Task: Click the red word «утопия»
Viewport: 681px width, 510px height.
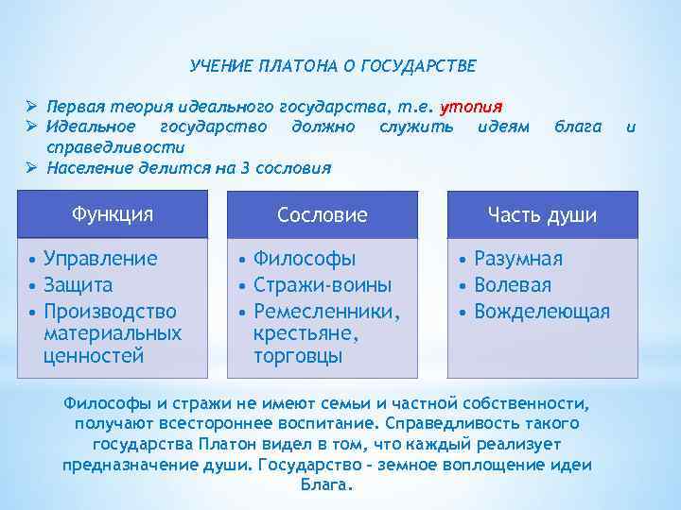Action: (x=472, y=105)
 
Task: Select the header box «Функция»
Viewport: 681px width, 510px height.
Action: (x=113, y=213)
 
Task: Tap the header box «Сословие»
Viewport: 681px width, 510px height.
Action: (x=322, y=214)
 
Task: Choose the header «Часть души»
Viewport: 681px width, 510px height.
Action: (x=542, y=214)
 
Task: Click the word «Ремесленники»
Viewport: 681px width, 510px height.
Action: (x=327, y=311)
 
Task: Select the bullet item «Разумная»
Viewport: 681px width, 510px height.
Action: (x=517, y=259)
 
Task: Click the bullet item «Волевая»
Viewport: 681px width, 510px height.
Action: (x=512, y=284)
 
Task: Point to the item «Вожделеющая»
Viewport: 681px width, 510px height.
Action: (x=542, y=311)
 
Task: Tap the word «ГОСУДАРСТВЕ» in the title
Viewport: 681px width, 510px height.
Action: (x=424, y=67)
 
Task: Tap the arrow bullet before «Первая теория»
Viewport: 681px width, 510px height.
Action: (x=31, y=105)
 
